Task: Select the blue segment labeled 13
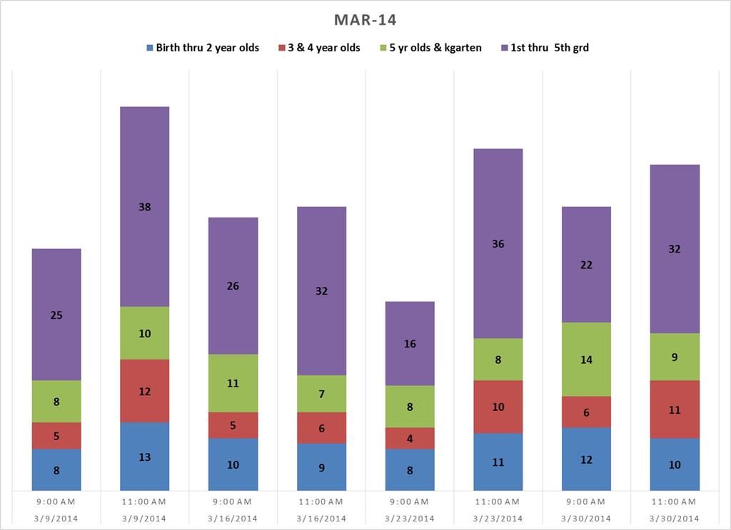145,457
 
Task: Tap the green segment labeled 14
586,360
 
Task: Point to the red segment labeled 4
410,438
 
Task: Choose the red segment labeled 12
145,391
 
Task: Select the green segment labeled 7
321,394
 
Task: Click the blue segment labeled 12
586,459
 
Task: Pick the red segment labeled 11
675,409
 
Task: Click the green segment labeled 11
233,383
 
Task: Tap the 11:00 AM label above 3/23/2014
498,502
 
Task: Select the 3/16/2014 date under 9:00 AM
233,518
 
